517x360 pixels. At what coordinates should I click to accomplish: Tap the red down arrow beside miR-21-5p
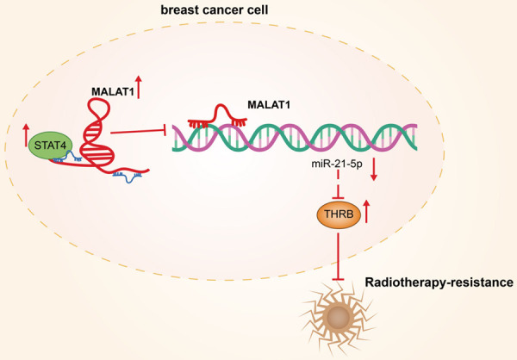click(x=374, y=171)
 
